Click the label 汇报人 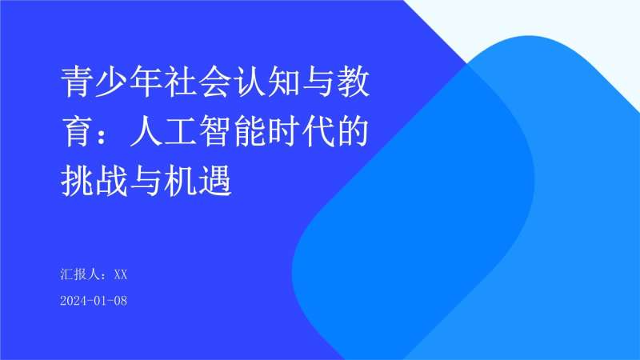(x=78, y=274)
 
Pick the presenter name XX (x=121, y=274)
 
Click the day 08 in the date (x=120, y=301)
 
